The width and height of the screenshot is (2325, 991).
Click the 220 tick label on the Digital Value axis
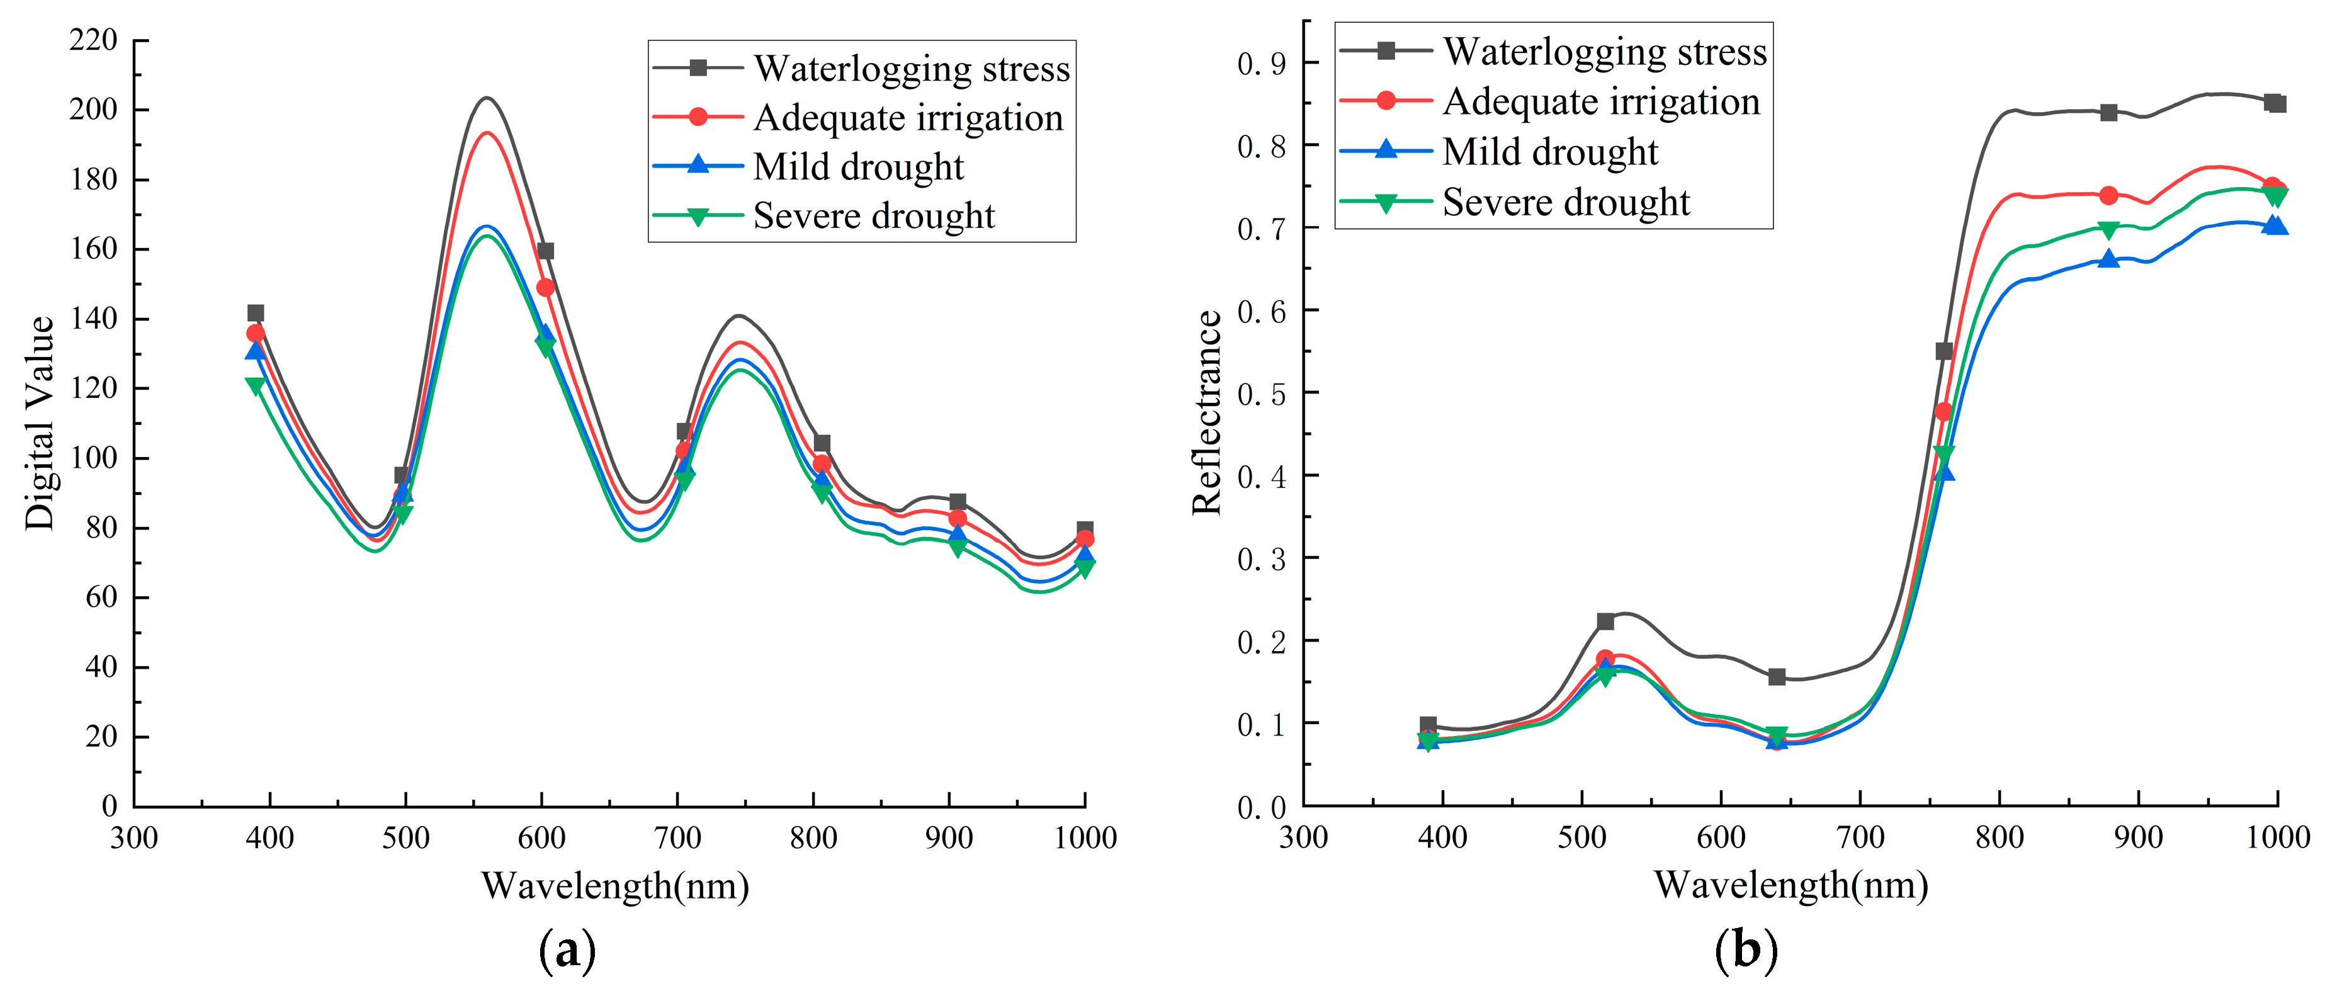[93, 40]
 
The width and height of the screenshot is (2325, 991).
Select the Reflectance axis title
[1207, 412]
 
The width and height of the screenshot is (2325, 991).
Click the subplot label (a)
[567, 950]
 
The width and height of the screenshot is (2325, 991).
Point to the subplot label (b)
[1746, 950]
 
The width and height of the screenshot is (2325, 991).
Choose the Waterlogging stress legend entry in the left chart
[911, 69]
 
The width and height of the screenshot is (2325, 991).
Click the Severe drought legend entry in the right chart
[1566, 202]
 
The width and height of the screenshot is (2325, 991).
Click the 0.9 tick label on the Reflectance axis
[1261, 63]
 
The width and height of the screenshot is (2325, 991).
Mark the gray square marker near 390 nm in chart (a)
[256, 313]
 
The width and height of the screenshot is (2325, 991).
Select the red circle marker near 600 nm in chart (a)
[545, 288]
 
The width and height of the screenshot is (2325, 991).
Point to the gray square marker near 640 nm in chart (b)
[1776, 677]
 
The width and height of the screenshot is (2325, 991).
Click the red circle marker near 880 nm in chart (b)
[2108, 196]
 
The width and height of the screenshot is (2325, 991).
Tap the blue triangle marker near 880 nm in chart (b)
[2108, 259]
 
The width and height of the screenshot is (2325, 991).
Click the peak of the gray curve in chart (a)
[487, 98]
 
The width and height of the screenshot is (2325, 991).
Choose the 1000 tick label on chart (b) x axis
[2277, 837]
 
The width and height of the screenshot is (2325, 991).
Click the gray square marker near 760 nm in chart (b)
[1944, 351]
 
